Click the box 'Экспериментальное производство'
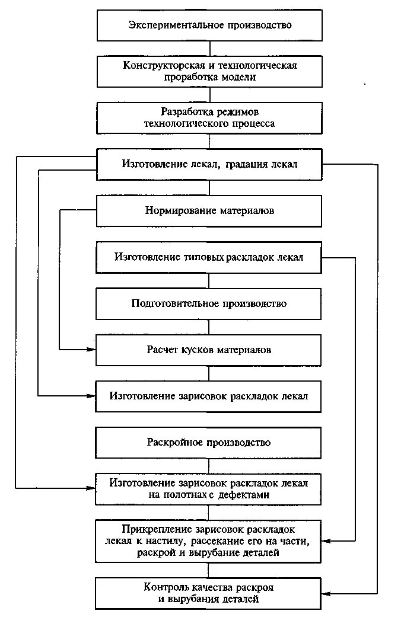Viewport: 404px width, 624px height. click(x=209, y=25)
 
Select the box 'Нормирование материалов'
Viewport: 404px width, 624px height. click(x=209, y=211)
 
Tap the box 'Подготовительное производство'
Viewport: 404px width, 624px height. click(x=209, y=304)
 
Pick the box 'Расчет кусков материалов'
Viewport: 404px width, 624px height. click(x=209, y=350)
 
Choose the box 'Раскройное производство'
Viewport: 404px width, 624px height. click(x=209, y=443)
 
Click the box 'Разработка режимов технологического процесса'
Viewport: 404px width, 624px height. click(x=209, y=118)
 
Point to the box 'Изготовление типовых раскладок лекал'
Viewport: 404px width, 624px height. click(x=209, y=257)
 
